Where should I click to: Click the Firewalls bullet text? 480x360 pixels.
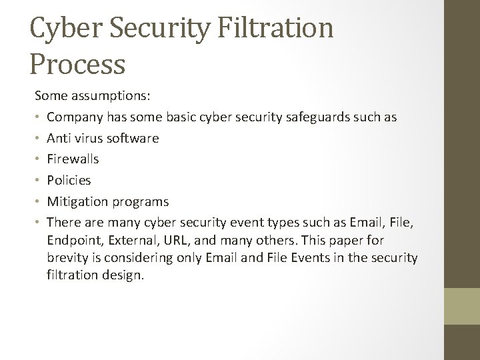pos(73,159)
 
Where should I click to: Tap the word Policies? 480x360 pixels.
pos(69,180)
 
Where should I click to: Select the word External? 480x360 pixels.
pos(132,239)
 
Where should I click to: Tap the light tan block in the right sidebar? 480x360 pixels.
pos(461,306)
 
